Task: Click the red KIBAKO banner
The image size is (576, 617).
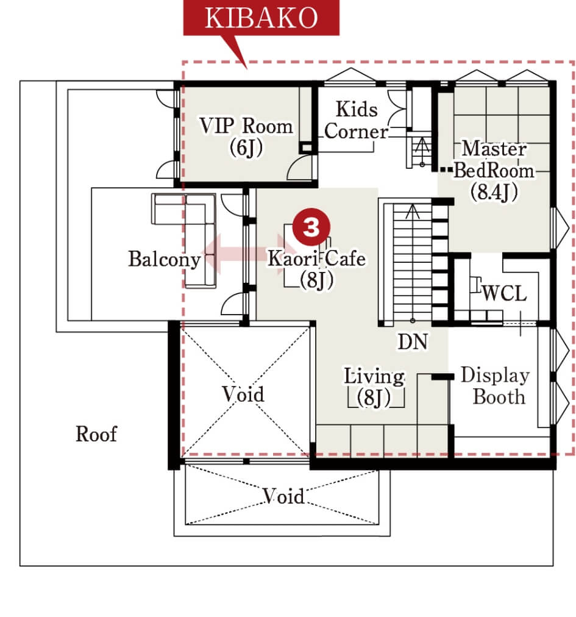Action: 261,18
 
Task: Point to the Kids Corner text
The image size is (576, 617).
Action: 356,120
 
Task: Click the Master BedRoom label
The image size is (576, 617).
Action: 494,159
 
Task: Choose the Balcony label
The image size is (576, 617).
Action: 165,259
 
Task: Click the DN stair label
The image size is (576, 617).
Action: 412,341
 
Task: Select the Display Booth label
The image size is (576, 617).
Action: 496,385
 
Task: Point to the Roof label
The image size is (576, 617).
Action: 96,434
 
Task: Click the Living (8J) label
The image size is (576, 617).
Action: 374,387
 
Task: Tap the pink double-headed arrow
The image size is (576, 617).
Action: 249,254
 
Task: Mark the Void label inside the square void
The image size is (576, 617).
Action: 243,394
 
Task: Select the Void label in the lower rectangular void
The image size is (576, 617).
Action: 283,496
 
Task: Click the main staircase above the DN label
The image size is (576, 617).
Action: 413,262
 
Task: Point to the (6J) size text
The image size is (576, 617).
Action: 246,148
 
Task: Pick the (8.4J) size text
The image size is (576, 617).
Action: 494,192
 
